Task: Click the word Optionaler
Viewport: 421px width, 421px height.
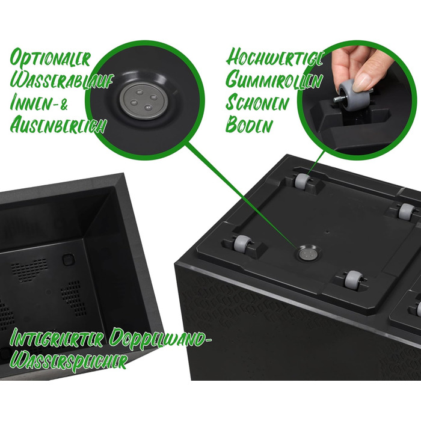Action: click(x=50, y=58)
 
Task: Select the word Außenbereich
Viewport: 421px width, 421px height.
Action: click(x=58, y=125)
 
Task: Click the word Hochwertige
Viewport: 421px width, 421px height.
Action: click(x=274, y=58)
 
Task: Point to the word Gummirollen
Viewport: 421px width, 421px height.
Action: click(x=274, y=80)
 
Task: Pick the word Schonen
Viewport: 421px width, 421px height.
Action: click(x=257, y=103)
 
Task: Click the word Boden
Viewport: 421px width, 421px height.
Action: click(x=249, y=124)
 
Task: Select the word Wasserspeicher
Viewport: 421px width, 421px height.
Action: click(x=68, y=361)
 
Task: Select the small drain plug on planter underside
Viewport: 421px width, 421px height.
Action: click(x=307, y=253)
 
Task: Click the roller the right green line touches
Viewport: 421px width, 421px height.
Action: click(x=302, y=181)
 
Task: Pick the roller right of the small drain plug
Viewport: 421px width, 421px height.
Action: click(x=354, y=279)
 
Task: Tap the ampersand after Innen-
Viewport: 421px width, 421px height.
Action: click(x=63, y=103)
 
